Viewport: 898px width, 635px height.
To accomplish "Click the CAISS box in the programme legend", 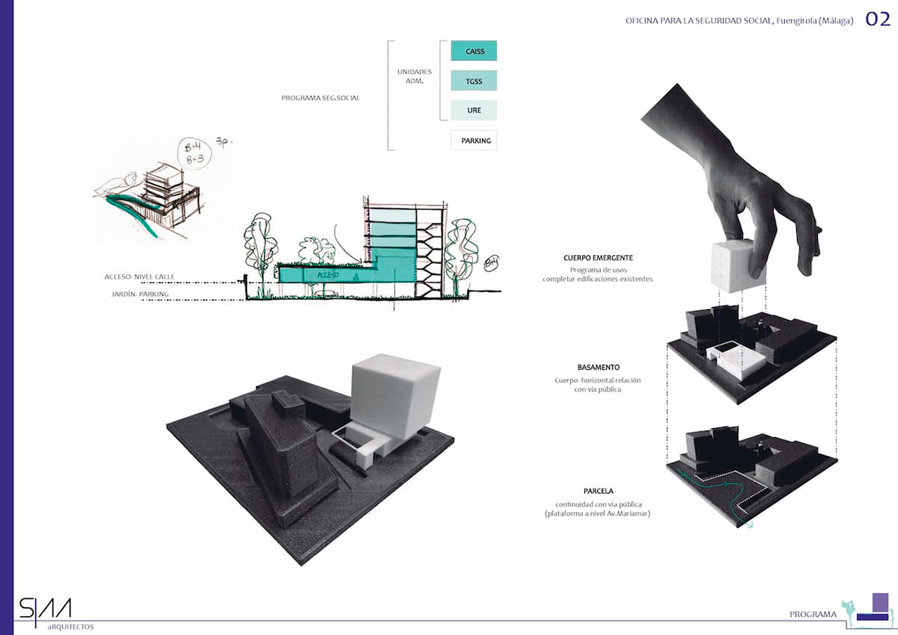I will pyautogui.click(x=474, y=51).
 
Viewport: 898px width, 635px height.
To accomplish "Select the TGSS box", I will pyautogui.click(x=474, y=81).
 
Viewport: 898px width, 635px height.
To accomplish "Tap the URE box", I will pyautogui.click(x=474, y=110).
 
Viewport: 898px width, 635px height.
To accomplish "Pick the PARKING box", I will pyautogui.click(x=474, y=140).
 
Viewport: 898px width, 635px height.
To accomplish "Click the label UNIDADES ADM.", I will pyautogui.click(x=414, y=76).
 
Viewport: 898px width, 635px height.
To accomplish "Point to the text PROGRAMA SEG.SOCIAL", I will pyautogui.click(x=321, y=98).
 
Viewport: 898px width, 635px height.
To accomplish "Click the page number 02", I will pyautogui.click(x=877, y=20).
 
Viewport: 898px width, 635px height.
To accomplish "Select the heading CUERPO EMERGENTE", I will pyautogui.click(x=598, y=258).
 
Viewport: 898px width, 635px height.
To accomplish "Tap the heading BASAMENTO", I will pyautogui.click(x=598, y=368).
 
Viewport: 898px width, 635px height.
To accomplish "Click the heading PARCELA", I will pyautogui.click(x=598, y=491).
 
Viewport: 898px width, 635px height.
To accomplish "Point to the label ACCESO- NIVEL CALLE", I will pyautogui.click(x=140, y=277).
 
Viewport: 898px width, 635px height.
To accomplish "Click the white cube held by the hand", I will pyautogui.click(x=736, y=266).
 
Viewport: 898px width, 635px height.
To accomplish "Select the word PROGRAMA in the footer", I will pyautogui.click(x=812, y=615).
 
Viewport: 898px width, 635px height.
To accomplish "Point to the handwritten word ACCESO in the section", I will pyautogui.click(x=328, y=275).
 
